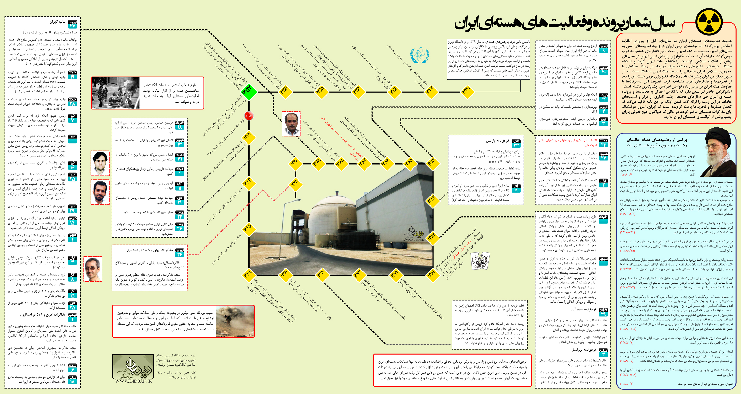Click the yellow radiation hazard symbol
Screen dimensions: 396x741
tap(709, 22)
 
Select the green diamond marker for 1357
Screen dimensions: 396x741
tap(249, 92)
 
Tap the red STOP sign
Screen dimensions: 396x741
tap(249, 116)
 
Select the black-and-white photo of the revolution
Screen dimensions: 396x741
tap(116, 93)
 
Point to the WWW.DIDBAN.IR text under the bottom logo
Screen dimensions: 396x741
tap(133, 381)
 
